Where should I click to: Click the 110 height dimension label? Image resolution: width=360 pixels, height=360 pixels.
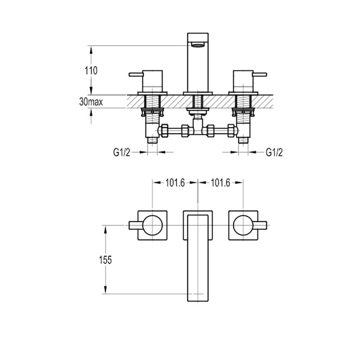tap(90, 70)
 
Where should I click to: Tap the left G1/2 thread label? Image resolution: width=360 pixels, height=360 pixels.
tap(122, 152)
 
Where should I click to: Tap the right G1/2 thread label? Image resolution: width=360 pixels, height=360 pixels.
tap(275, 152)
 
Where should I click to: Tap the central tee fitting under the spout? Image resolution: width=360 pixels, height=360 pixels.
tap(197, 129)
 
